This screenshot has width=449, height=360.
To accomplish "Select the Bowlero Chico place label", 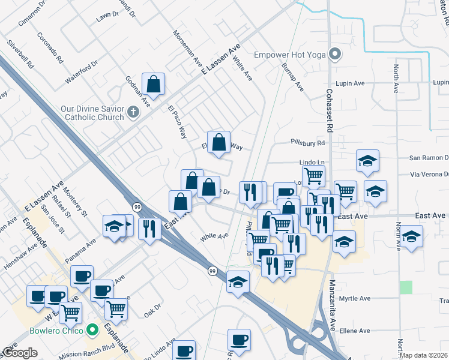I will click(57, 330).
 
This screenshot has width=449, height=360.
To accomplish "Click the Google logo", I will click(19, 353).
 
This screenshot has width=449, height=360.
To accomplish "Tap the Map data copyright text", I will click(424, 355).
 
